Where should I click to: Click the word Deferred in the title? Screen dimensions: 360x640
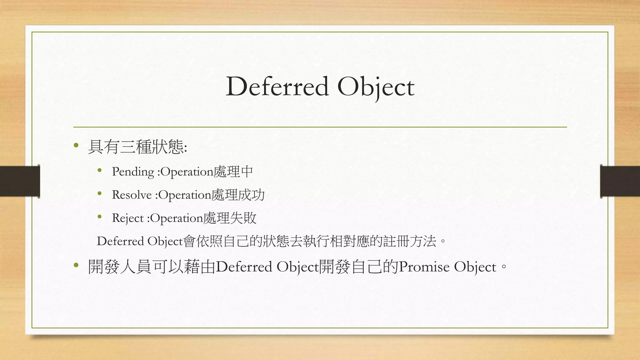pos(277,87)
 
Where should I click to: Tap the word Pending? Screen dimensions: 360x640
pos(133,172)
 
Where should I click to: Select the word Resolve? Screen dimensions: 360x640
pos(132,195)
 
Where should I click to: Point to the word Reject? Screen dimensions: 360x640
pos(127,218)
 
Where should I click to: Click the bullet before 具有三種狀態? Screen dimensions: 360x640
pos(76,145)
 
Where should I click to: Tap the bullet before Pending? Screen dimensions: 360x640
pos(100,170)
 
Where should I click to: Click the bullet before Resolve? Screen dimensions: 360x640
pos(100,193)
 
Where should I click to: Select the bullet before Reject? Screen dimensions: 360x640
pos(100,217)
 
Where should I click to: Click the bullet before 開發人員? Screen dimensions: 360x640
pos(76,265)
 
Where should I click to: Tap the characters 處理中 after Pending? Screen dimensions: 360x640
pos(233,172)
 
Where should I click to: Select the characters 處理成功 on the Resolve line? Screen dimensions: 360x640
pos(238,195)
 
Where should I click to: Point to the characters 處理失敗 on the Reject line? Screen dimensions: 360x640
pos(230,218)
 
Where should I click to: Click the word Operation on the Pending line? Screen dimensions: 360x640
pos(187,172)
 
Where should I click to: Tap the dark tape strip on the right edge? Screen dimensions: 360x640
pos(620,181)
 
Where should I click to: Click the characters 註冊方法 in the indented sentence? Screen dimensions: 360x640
pos(409,241)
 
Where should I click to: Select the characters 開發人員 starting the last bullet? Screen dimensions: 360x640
pos(120,267)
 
